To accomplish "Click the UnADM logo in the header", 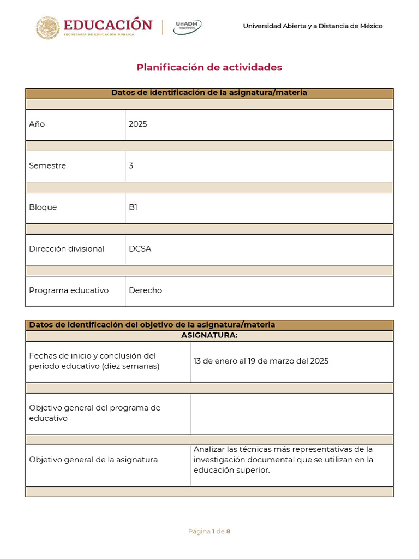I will [187, 27].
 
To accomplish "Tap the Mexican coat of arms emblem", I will [48, 27].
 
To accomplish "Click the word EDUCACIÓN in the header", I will [108, 25].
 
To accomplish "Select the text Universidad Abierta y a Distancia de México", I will [313, 26].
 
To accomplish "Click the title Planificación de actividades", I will [209, 67].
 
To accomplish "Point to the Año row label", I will [37, 124].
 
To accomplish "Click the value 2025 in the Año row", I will [138, 124].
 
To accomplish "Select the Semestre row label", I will [47, 165].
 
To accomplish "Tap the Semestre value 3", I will [131, 165].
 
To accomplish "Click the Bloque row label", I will [43, 207].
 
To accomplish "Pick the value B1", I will [133, 207].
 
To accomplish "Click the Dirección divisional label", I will [67, 249].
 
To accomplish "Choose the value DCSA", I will [140, 249].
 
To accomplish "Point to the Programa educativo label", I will [69, 290].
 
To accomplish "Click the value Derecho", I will [145, 290].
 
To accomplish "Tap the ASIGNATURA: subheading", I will [209, 335].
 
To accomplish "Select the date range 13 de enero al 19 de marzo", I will [261, 361].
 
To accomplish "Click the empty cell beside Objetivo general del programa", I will [291, 414].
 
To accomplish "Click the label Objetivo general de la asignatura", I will [93, 460].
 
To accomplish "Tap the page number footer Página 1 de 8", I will [209, 531].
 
